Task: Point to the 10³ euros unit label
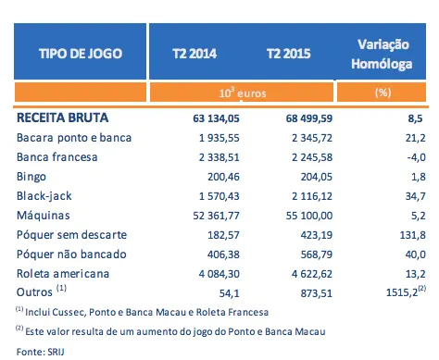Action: tap(240, 94)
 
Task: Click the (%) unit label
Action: tap(383, 94)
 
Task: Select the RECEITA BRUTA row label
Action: tap(62, 118)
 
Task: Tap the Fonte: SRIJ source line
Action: tap(40, 351)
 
